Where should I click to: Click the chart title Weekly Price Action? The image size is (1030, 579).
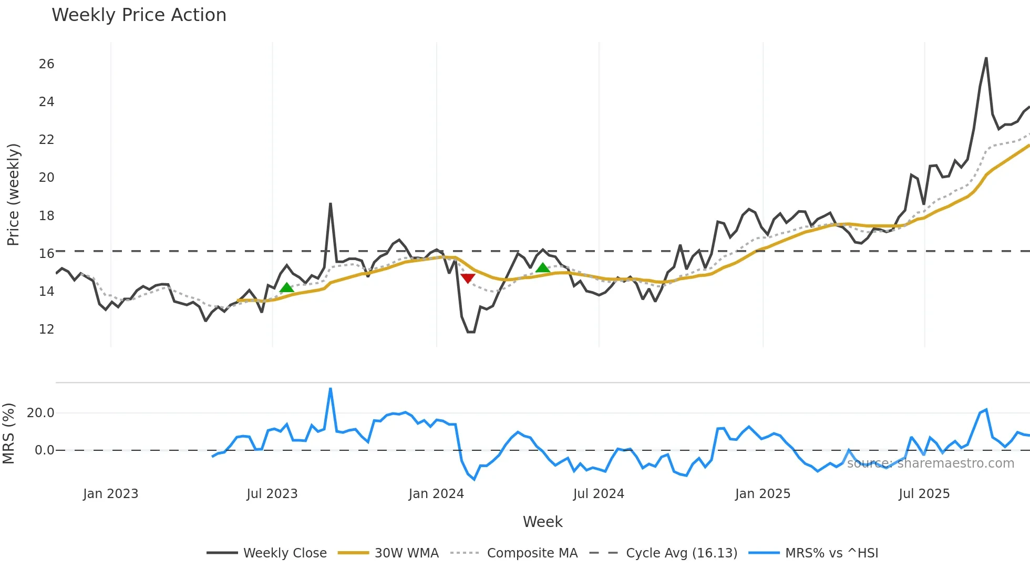tap(139, 15)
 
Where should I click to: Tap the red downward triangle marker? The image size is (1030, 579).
tap(468, 278)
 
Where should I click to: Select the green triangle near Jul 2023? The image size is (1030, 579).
tap(286, 288)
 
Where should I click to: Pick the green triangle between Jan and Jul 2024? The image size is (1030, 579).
tap(542, 268)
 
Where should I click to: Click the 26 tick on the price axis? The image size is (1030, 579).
tap(46, 64)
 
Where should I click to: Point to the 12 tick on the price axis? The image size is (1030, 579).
tap(46, 329)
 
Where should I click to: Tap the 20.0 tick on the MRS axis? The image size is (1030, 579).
tap(40, 413)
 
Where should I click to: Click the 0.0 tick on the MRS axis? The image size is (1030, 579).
tap(44, 450)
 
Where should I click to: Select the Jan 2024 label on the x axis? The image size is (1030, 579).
tap(436, 494)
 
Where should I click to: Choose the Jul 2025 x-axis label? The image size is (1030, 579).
tap(924, 494)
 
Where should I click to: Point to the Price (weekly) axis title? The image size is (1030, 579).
tap(13, 194)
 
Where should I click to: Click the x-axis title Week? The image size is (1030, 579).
tap(542, 522)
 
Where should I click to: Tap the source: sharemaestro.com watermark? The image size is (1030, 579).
tap(930, 463)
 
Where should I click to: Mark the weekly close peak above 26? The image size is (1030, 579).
tap(986, 58)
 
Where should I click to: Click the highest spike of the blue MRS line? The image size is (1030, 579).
tap(330, 389)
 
